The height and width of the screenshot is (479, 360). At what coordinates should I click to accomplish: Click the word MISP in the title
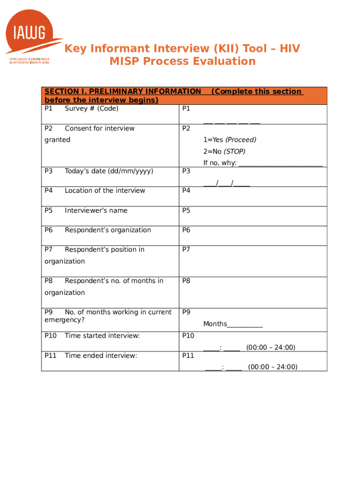pyautogui.click(x=124, y=61)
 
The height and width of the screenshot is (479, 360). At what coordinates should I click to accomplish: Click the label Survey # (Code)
pyautogui.click(x=91, y=109)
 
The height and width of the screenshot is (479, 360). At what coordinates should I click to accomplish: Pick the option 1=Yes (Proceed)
pyautogui.click(x=230, y=140)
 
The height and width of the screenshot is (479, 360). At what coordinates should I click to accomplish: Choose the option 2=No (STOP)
pyautogui.click(x=224, y=152)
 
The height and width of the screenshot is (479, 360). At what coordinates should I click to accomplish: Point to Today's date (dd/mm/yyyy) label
pyautogui.click(x=108, y=171)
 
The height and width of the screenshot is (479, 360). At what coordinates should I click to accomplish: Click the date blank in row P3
pyautogui.click(x=226, y=183)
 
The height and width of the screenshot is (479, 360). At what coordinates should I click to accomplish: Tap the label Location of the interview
pyautogui.click(x=105, y=190)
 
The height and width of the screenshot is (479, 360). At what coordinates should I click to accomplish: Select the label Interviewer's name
pyautogui.click(x=96, y=210)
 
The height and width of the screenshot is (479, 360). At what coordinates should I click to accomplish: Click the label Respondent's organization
pyautogui.click(x=108, y=230)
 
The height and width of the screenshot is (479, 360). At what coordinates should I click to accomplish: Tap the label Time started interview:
pyautogui.click(x=102, y=335)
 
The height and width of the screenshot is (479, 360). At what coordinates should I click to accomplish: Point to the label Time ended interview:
pyautogui.click(x=101, y=356)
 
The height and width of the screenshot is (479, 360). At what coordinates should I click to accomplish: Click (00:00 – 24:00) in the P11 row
pyautogui.click(x=273, y=367)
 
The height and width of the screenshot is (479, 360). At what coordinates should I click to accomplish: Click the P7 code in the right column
pyautogui.click(x=186, y=249)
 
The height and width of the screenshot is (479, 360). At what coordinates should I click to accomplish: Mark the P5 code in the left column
pyautogui.click(x=49, y=210)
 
